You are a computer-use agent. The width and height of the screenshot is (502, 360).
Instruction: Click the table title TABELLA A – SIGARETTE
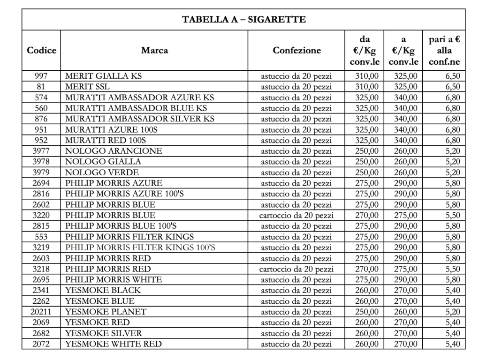243,19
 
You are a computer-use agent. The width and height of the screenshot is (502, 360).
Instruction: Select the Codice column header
41,50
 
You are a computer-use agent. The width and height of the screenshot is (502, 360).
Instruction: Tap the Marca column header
154,50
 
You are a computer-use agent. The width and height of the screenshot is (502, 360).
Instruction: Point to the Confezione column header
297,50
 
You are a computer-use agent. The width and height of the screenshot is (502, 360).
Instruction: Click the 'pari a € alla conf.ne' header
444,50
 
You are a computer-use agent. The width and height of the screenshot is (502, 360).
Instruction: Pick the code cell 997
41,76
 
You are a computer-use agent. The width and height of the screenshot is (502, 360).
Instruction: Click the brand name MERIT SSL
88,87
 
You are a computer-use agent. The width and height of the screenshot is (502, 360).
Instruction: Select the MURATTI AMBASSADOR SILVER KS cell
139,119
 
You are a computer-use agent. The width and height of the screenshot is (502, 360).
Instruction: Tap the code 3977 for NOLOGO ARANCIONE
41,151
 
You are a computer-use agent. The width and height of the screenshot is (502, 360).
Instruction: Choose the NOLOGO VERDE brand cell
102,172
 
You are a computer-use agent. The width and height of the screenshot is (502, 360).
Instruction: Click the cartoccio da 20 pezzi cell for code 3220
297,216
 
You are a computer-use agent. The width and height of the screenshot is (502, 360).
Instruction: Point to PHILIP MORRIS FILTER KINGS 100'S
140,247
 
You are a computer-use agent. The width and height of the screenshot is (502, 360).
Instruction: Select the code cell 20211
41,312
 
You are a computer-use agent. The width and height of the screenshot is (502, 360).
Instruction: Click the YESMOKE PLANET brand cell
106,312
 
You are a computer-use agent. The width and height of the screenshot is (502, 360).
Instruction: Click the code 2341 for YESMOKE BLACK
41,290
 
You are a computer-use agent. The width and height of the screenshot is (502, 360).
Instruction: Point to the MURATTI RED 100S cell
106,140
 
